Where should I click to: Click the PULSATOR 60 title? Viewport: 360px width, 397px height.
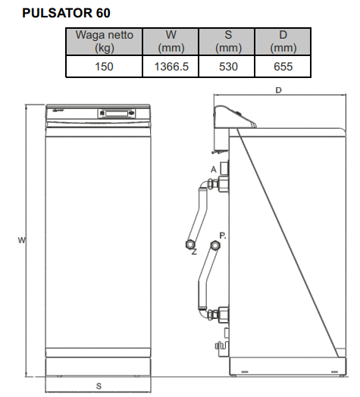click(66, 13)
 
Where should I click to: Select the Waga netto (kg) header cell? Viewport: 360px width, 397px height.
click(104, 41)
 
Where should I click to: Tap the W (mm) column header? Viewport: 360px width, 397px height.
click(171, 41)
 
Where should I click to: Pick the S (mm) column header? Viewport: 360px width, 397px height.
click(227, 41)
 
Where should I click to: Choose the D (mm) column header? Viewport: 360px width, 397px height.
click(283, 41)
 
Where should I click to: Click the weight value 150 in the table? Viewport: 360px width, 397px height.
click(104, 67)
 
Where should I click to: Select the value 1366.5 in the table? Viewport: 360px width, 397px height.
click(171, 67)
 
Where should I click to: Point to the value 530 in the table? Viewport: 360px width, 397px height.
click(228, 67)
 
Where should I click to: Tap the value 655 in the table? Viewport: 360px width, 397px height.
click(283, 67)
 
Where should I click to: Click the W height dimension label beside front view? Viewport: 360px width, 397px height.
click(22, 240)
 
